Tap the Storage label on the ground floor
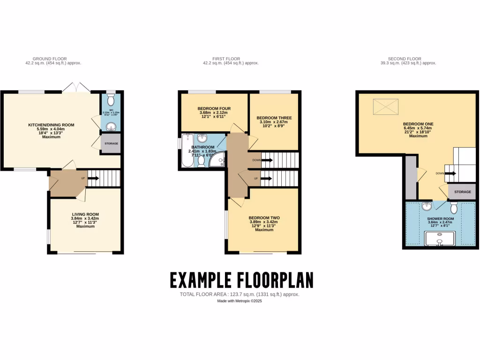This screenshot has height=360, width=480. coord(111,143)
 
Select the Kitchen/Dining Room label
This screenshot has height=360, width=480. coord(52,125)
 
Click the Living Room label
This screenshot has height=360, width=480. coord(85,214)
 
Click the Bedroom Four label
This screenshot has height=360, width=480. coord(214,109)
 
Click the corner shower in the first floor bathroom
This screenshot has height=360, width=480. coord(217,162)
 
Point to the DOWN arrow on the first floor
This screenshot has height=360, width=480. coord(266,160)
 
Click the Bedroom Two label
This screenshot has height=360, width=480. coord(264,218)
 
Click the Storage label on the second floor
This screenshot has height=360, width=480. coord(463,192)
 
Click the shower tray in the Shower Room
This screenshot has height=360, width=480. coord(440,240)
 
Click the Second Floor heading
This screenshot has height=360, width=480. coord(408,59)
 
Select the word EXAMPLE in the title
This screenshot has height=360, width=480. coord(200,280)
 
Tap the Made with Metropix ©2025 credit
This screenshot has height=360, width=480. coord(240,301)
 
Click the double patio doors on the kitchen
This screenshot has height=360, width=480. coord(76,88)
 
